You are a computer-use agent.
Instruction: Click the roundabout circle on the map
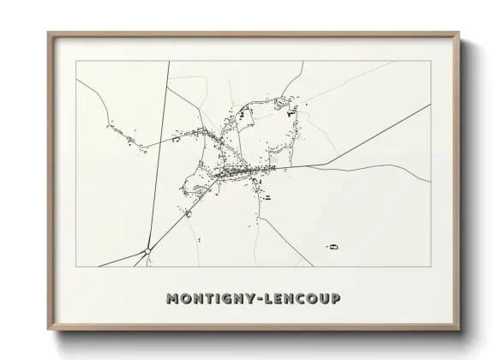148,250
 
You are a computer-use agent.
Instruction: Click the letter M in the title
171,298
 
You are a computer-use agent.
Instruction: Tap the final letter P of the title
334,298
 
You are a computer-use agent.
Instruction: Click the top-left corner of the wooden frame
49,33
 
